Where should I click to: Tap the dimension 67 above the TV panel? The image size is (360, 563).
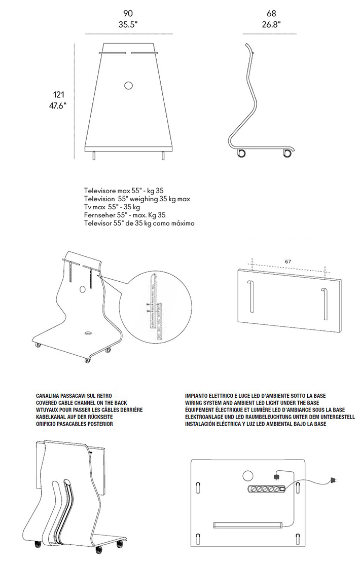(288, 261)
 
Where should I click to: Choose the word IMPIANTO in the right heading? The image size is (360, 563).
(199, 395)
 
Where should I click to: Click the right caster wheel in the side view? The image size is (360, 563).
(287, 153)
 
